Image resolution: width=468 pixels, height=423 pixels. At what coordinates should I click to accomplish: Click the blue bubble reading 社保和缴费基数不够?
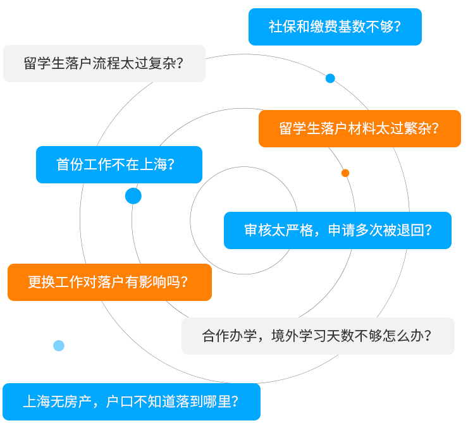tap(335, 27)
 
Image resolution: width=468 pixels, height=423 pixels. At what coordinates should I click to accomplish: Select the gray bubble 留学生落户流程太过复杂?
tap(104, 63)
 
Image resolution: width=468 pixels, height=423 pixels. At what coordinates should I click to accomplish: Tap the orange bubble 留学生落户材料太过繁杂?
tap(360, 128)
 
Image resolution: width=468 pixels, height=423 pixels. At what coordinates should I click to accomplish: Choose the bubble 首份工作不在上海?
tap(119, 164)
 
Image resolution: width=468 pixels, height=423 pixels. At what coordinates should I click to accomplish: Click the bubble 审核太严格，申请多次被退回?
tap(338, 230)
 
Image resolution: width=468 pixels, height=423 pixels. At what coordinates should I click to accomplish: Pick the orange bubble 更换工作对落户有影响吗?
tap(109, 282)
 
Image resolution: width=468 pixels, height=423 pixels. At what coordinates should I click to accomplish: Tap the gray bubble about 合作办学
tap(318, 336)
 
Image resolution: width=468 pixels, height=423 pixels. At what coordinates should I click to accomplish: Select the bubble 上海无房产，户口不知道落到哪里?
tap(132, 402)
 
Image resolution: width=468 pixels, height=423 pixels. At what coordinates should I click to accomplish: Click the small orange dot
tap(345, 173)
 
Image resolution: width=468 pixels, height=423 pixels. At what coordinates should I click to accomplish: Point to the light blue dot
tap(59, 346)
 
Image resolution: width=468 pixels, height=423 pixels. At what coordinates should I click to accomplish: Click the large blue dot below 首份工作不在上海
tap(133, 196)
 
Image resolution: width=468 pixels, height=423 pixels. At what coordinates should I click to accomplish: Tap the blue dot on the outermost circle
tap(330, 78)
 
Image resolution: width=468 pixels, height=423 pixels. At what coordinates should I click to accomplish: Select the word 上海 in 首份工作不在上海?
tap(154, 164)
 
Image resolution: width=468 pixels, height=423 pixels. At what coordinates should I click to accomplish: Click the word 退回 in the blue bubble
tap(410, 230)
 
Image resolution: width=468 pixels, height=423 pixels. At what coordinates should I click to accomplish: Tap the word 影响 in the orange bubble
tap(152, 282)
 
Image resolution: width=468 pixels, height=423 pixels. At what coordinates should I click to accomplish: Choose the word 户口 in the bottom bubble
tap(120, 402)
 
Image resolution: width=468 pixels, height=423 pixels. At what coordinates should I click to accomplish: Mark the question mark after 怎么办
tap(428, 336)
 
